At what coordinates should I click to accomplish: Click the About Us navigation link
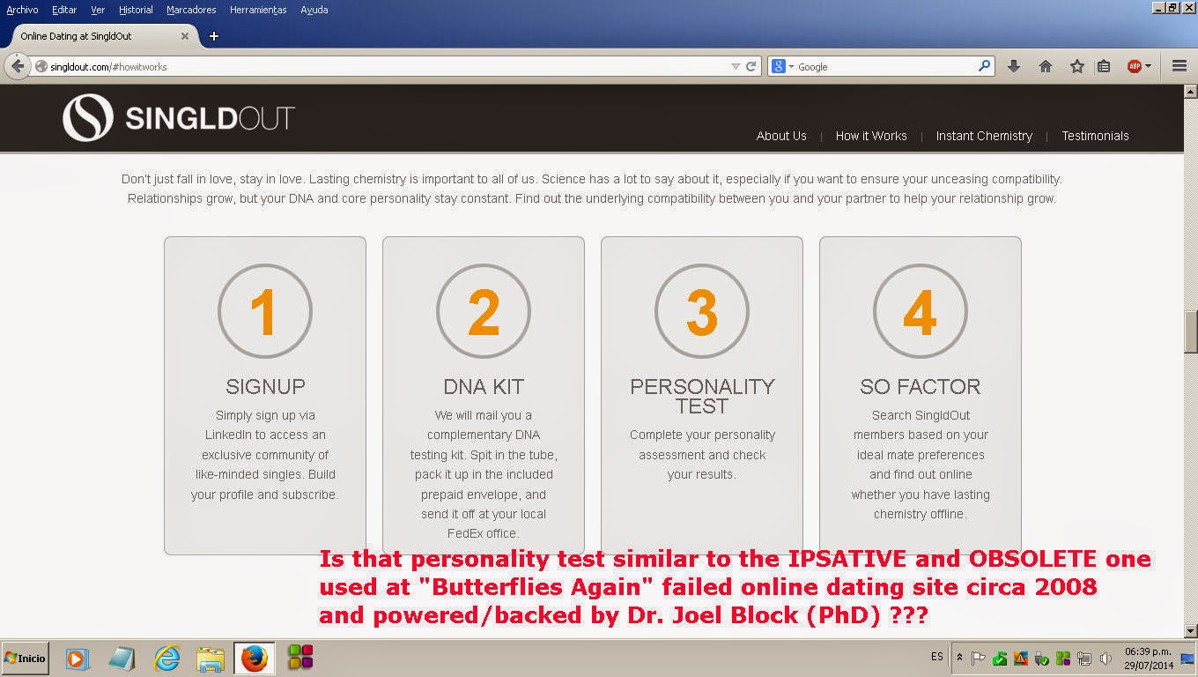point(780,136)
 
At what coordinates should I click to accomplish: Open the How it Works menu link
point(870,136)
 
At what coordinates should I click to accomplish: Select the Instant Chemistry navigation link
point(984,136)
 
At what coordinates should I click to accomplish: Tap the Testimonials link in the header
point(1095,136)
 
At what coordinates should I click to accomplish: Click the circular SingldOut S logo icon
point(88,118)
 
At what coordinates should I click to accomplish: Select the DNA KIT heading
point(484,386)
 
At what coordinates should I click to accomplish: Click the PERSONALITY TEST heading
point(702,396)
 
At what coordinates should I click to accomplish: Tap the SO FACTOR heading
point(920,386)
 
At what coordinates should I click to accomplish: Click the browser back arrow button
point(18,66)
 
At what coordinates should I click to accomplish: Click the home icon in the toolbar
point(1045,66)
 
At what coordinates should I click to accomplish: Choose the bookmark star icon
point(1076,66)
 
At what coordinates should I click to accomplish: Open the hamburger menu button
point(1180,66)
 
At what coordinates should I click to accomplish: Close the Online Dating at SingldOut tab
point(184,36)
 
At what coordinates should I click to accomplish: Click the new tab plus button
point(214,36)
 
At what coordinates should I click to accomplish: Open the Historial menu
point(136,10)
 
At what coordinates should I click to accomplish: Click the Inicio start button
point(26,658)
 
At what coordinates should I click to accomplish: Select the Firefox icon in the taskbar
point(254,658)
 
